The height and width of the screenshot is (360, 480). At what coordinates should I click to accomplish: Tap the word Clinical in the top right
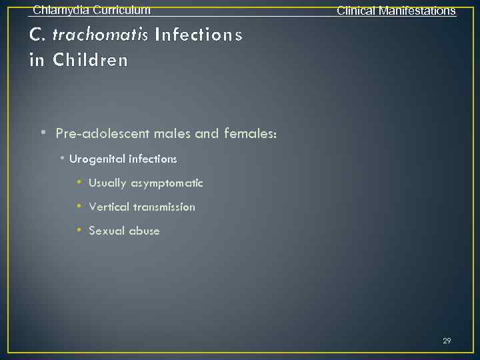click(x=356, y=11)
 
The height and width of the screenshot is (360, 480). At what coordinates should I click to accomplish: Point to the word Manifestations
click(x=417, y=11)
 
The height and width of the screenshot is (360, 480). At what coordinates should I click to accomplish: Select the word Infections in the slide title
click(x=198, y=35)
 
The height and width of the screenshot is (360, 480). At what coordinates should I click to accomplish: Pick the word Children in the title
click(x=90, y=60)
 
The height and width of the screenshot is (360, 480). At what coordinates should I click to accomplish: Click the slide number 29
click(x=447, y=341)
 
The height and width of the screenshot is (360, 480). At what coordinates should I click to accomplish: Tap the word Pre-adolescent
click(x=103, y=134)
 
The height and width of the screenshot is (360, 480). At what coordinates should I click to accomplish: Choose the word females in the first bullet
click(x=247, y=134)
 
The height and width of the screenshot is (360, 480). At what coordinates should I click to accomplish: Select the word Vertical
click(x=109, y=207)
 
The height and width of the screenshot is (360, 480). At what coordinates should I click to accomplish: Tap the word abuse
click(x=144, y=231)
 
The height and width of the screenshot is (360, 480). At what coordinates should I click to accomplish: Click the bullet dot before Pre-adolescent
click(x=43, y=133)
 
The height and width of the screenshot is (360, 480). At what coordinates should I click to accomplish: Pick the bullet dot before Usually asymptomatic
click(x=78, y=182)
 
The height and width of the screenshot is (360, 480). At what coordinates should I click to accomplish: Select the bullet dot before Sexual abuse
click(x=78, y=230)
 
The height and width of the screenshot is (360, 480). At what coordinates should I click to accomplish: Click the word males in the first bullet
click(x=172, y=134)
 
